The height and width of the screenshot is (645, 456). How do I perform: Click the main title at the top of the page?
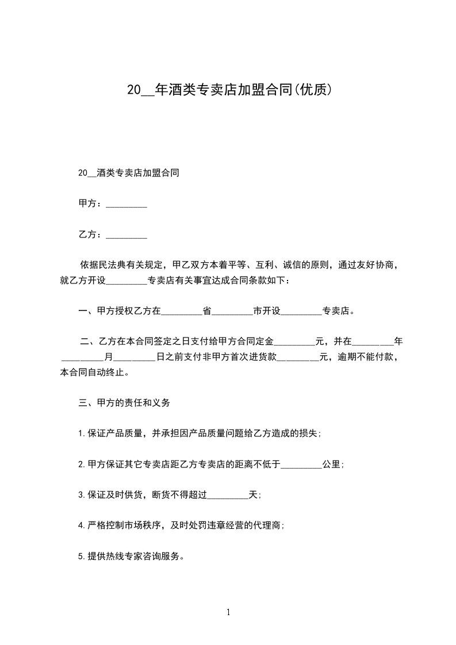(228, 90)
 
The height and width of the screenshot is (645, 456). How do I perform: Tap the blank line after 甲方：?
(127, 204)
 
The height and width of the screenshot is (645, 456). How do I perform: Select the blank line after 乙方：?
(127, 235)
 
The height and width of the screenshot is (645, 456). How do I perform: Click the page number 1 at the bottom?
(228, 612)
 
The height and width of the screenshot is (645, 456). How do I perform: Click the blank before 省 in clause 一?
(182, 312)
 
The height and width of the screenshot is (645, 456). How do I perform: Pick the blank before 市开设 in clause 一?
(232, 312)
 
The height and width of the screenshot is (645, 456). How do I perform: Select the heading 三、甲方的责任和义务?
(124, 403)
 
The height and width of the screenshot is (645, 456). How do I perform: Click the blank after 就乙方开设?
(127, 281)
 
